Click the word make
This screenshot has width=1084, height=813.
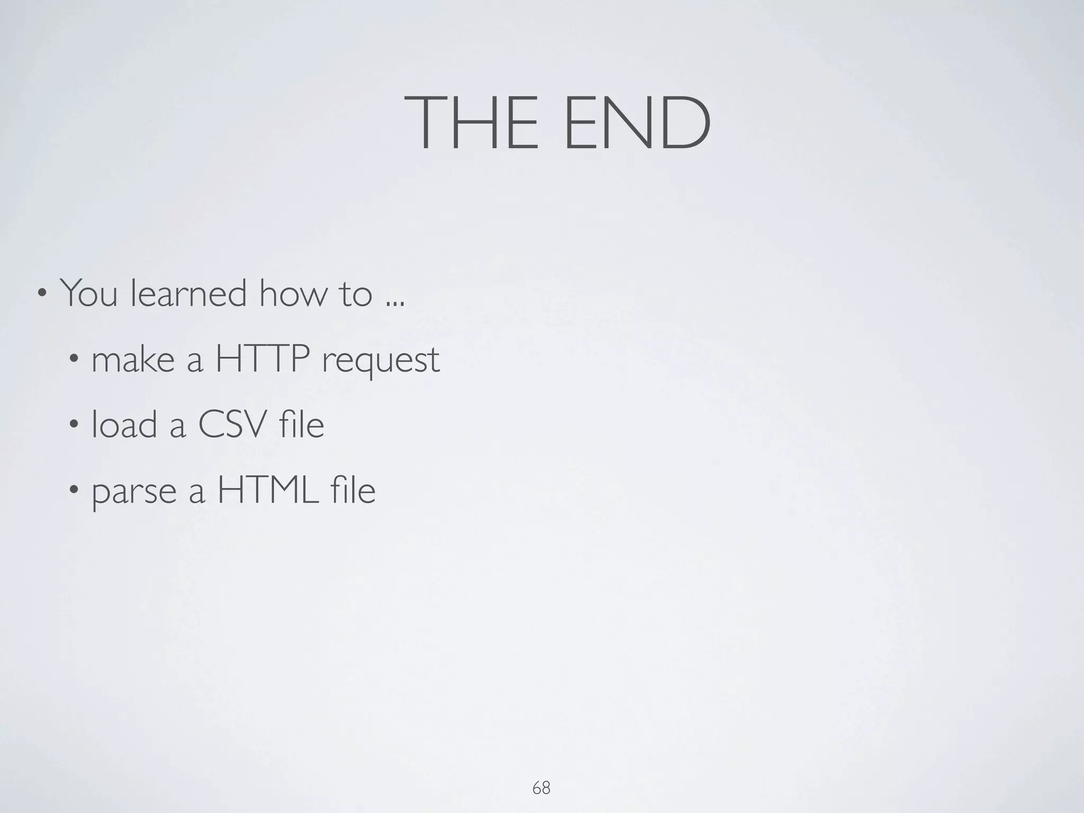tap(133, 359)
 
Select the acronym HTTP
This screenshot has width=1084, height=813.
tap(262, 359)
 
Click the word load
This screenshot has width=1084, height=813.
tap(124, 424)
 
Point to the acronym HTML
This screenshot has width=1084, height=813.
tap(268, 490)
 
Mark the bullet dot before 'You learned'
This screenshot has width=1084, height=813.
tap(41, 293)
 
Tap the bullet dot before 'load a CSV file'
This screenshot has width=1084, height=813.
tap(73, 426)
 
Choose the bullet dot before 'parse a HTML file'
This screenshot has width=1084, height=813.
tap(73, 491)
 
